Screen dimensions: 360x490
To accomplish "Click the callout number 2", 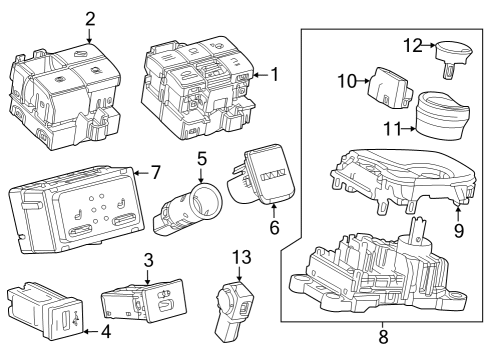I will point(90,18).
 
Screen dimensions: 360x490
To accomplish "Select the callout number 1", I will point(274,74).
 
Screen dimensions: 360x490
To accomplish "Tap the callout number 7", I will point(154,173).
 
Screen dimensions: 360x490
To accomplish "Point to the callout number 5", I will point(201,158).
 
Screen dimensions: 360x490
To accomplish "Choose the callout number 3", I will point(148,260).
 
